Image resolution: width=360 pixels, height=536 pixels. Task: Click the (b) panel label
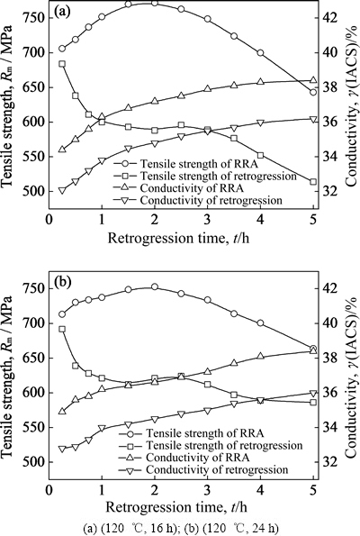[x=62, y=282]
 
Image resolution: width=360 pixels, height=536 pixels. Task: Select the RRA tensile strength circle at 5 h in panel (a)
[x=313, y=92]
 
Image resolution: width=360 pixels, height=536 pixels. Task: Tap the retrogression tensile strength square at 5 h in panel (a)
[x=313, y=182]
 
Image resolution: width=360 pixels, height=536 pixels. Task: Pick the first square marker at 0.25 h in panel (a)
[x=62, y=64]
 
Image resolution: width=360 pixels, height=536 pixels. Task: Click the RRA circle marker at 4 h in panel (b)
[x=261, y=323]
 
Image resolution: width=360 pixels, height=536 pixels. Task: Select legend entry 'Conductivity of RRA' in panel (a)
[x=192, y=187]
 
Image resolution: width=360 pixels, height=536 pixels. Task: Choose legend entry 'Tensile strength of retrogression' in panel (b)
[x=224, y=445]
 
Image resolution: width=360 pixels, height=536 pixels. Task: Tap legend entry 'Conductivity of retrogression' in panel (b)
[x=217, y=469]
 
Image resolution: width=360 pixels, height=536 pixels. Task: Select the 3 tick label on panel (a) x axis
[x=208, y=220]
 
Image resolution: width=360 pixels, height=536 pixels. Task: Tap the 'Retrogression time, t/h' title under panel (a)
[x=178, y=238]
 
